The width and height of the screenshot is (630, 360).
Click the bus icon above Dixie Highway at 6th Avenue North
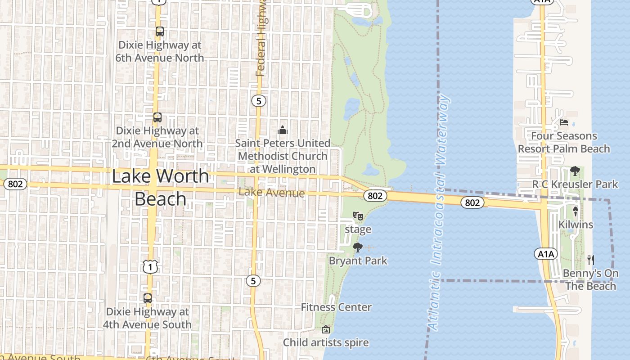pos(160,31)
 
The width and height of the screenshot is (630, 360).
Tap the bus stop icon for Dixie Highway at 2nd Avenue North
pos(157,117)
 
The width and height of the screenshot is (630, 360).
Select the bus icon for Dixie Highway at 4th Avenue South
pos(148,298)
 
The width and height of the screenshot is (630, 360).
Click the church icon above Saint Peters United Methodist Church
pos(283,130)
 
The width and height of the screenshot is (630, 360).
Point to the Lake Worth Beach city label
pos(160,187)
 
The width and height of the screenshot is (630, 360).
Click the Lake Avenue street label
pos(271,193)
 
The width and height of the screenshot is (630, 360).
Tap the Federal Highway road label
pos(261,38)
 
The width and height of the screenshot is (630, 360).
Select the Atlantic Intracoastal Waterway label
pos(438,211)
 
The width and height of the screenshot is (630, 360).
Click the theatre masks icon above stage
pos(358,216)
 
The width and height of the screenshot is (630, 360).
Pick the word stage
pos(358,229)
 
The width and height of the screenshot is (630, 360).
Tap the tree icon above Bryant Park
pos(358,247)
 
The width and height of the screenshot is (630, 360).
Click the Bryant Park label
pos(358,261)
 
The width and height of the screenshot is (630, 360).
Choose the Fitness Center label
pos(336,307)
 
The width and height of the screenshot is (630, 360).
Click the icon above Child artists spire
pos(326,329)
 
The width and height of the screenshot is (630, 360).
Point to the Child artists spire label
pos(326,342)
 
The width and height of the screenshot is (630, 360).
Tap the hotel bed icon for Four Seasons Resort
pos(564,122)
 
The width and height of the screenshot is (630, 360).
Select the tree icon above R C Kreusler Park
pos(575,171)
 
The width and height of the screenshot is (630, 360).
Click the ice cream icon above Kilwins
pos(576,211)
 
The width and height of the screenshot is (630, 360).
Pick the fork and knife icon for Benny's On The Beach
pos(591,260)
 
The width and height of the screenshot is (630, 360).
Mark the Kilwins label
pos(576,224)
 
